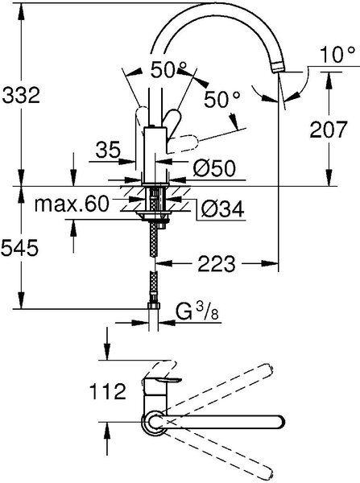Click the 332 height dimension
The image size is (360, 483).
[x=21, y=95]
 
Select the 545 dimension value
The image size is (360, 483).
[x=19, y=248]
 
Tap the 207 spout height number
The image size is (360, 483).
[x=329, y=130]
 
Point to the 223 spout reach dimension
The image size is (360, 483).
[x=217, y=264]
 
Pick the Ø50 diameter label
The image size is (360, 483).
[x=214, y=168]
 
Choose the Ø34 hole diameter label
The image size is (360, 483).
[x=223, y=209]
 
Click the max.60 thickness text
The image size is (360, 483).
[x=72, y=204]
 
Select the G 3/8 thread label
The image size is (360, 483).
[x=197, y=312]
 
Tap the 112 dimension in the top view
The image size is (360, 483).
[x=108, y=391]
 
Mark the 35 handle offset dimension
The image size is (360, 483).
[x=108, y=151]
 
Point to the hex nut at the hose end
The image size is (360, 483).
[x=154, y=306]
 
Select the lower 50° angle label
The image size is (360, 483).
[x=222, y=100]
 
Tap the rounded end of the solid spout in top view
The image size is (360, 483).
[x=279, y=422]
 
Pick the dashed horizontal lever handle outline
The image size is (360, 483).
[x=183, y=142]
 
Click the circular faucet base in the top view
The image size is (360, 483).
[x=153, y=422]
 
